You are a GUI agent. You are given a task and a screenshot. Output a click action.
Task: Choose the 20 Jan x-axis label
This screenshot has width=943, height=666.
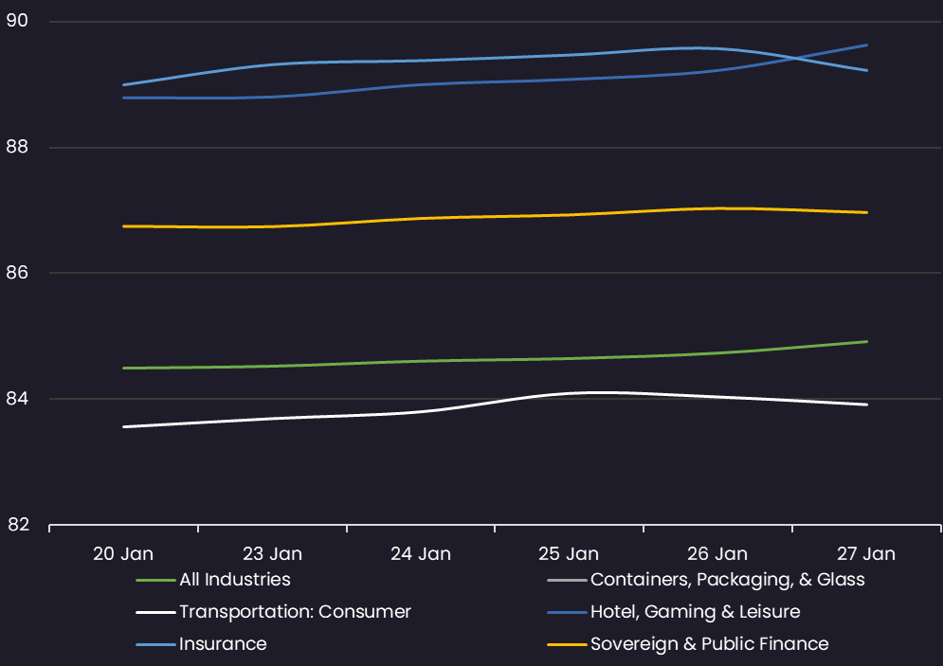tap(123, 554)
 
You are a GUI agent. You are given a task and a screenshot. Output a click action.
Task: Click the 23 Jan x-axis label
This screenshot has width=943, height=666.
tap(272, 554)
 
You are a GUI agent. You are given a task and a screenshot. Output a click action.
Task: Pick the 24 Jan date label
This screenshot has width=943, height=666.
tap(421, 554)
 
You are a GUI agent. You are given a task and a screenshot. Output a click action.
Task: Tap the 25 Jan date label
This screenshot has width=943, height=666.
tap(569, 554)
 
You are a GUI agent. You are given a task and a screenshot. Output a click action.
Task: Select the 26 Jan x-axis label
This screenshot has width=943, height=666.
tap(717, 554)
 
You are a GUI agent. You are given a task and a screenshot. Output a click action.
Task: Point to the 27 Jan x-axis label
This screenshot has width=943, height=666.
tap(866, 554)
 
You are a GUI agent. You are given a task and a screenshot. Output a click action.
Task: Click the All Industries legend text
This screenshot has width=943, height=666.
tap(235, 579)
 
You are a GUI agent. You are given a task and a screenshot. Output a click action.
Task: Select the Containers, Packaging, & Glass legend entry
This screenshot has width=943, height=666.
tap(727, 579)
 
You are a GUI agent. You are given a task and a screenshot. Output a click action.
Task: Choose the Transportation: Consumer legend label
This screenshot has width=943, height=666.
tap(295, 612)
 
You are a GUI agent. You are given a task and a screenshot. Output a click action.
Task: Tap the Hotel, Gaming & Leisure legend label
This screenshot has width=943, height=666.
tap(695, 612)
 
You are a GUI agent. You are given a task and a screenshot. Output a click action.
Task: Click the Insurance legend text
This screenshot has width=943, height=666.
tap(223, 644)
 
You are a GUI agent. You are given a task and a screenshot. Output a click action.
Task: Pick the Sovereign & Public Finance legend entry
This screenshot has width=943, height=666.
tap(709, 644)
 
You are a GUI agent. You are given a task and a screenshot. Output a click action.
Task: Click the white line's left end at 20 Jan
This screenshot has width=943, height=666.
tap(124, 426)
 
